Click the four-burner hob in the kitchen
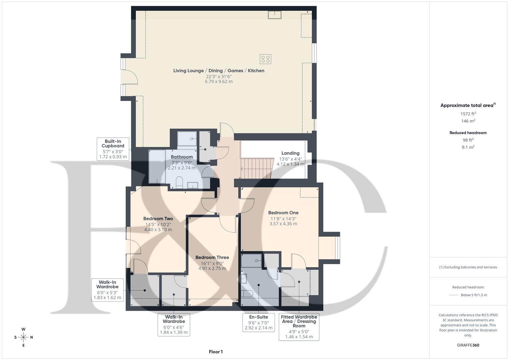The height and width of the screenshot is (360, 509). pos(265,59)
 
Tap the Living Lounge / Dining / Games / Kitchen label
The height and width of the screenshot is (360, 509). pos(219,71)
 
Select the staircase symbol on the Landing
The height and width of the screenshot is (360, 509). pos(257,169)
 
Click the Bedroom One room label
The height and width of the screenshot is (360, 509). pos(283,213)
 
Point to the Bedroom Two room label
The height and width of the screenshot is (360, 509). pos(158,219)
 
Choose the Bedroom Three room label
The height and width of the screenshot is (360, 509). pos(212,257)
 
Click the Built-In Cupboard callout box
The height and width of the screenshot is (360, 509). pos(113,149)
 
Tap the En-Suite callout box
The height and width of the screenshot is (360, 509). pos(258,322)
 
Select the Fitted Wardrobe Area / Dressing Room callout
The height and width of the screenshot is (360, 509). pos(299,327)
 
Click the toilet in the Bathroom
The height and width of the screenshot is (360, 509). pos(179,182)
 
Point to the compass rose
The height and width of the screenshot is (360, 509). pos(23,337)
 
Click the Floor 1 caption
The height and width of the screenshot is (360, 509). pos(216,352)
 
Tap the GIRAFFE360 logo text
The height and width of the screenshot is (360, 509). pos(468,345)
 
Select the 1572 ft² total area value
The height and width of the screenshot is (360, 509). pos(468,114)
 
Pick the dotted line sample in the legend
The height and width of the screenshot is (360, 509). pos(454,295)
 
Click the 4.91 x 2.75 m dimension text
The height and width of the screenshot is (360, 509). pos(212,268)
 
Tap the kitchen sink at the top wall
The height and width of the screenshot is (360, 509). pos(275,15)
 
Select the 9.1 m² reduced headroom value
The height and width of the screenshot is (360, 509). pos(468,147)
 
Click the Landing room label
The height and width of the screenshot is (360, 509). pos(290,153)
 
